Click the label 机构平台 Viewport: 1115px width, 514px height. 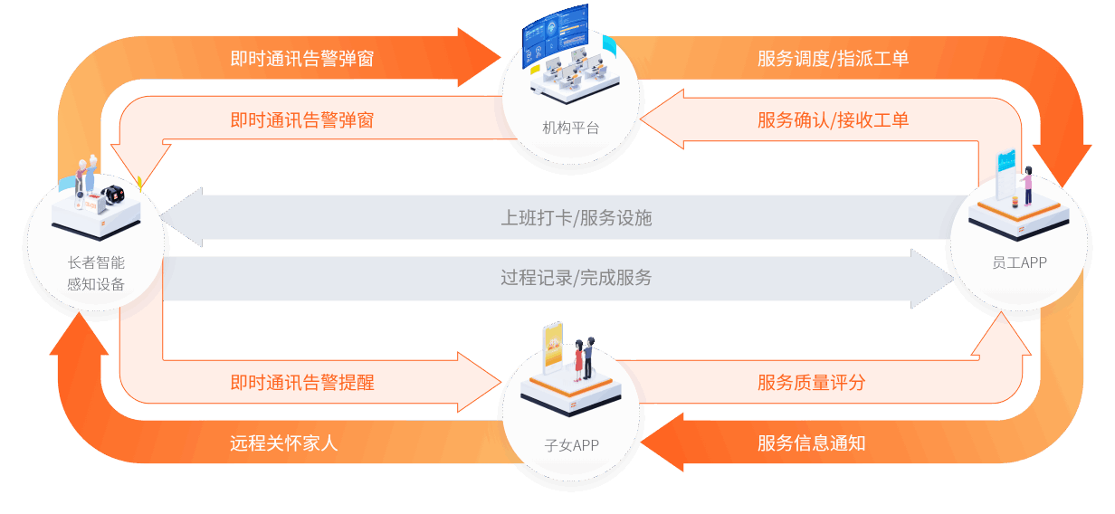point(570,128)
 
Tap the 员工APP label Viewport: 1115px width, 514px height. point(1019,262)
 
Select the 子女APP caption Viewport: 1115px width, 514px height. point(572,444)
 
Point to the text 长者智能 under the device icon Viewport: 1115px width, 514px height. point(96,262)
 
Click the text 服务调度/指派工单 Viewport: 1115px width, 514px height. point(833,59)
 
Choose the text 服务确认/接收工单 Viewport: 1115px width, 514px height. point(833,120)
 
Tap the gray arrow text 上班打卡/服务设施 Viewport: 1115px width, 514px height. point(576,217)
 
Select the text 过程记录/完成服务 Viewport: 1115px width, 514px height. point(576,277)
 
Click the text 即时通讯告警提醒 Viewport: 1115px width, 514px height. point(301,382)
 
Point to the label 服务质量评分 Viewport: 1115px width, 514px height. point(811,382)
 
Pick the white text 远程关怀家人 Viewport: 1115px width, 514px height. point(283,443)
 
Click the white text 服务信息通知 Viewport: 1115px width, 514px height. point(811,443)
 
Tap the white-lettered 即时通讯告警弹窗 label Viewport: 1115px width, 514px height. point(301,59)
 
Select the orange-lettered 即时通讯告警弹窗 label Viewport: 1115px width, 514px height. point(301,120)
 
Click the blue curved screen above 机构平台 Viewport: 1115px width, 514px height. point(555,31)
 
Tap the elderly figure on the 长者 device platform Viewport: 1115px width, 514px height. point(85,176)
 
